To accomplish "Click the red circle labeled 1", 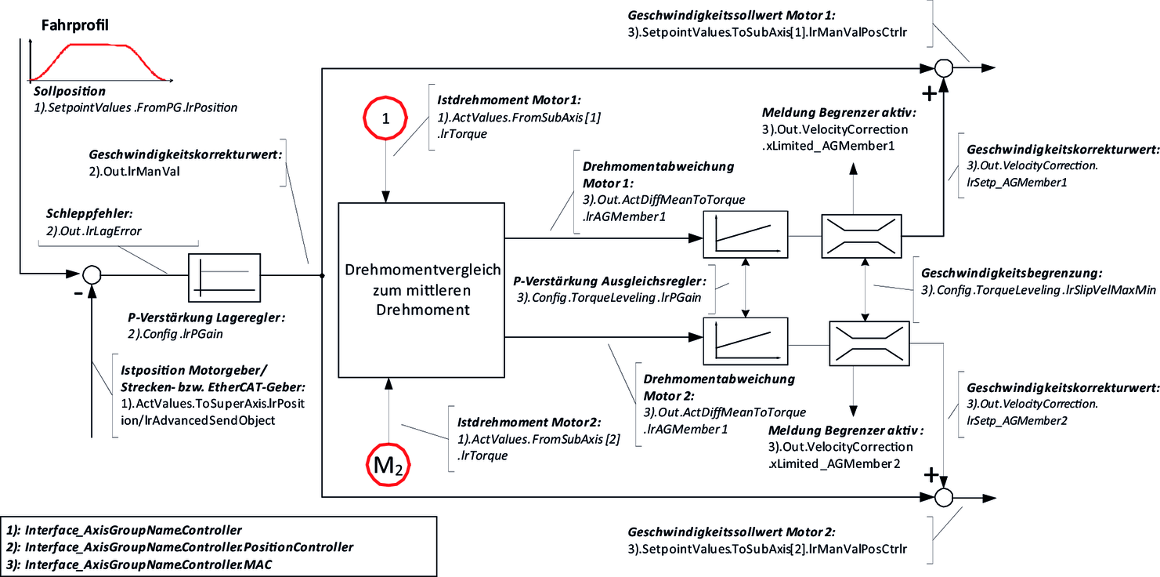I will pyautogui.click(x=385, y=118).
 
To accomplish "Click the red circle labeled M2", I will pyautogui.click(x=388, y=465).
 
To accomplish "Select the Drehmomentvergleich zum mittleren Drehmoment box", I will pyautogui.click(x=422, y=289).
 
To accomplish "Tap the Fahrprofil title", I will pyautogui.click(x=74, y=25).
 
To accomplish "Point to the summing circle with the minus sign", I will pyautogui.click(x=92, y=274).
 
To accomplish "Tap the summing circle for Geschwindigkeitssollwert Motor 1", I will pyautogui.click(x=945, y=67).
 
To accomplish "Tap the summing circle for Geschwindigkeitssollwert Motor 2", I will pyautogui.click(x=945, y=497).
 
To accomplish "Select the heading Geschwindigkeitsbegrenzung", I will pyautogui.click(x=1012, y=274).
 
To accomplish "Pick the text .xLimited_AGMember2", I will pyautogui.click(x=834, y=463).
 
